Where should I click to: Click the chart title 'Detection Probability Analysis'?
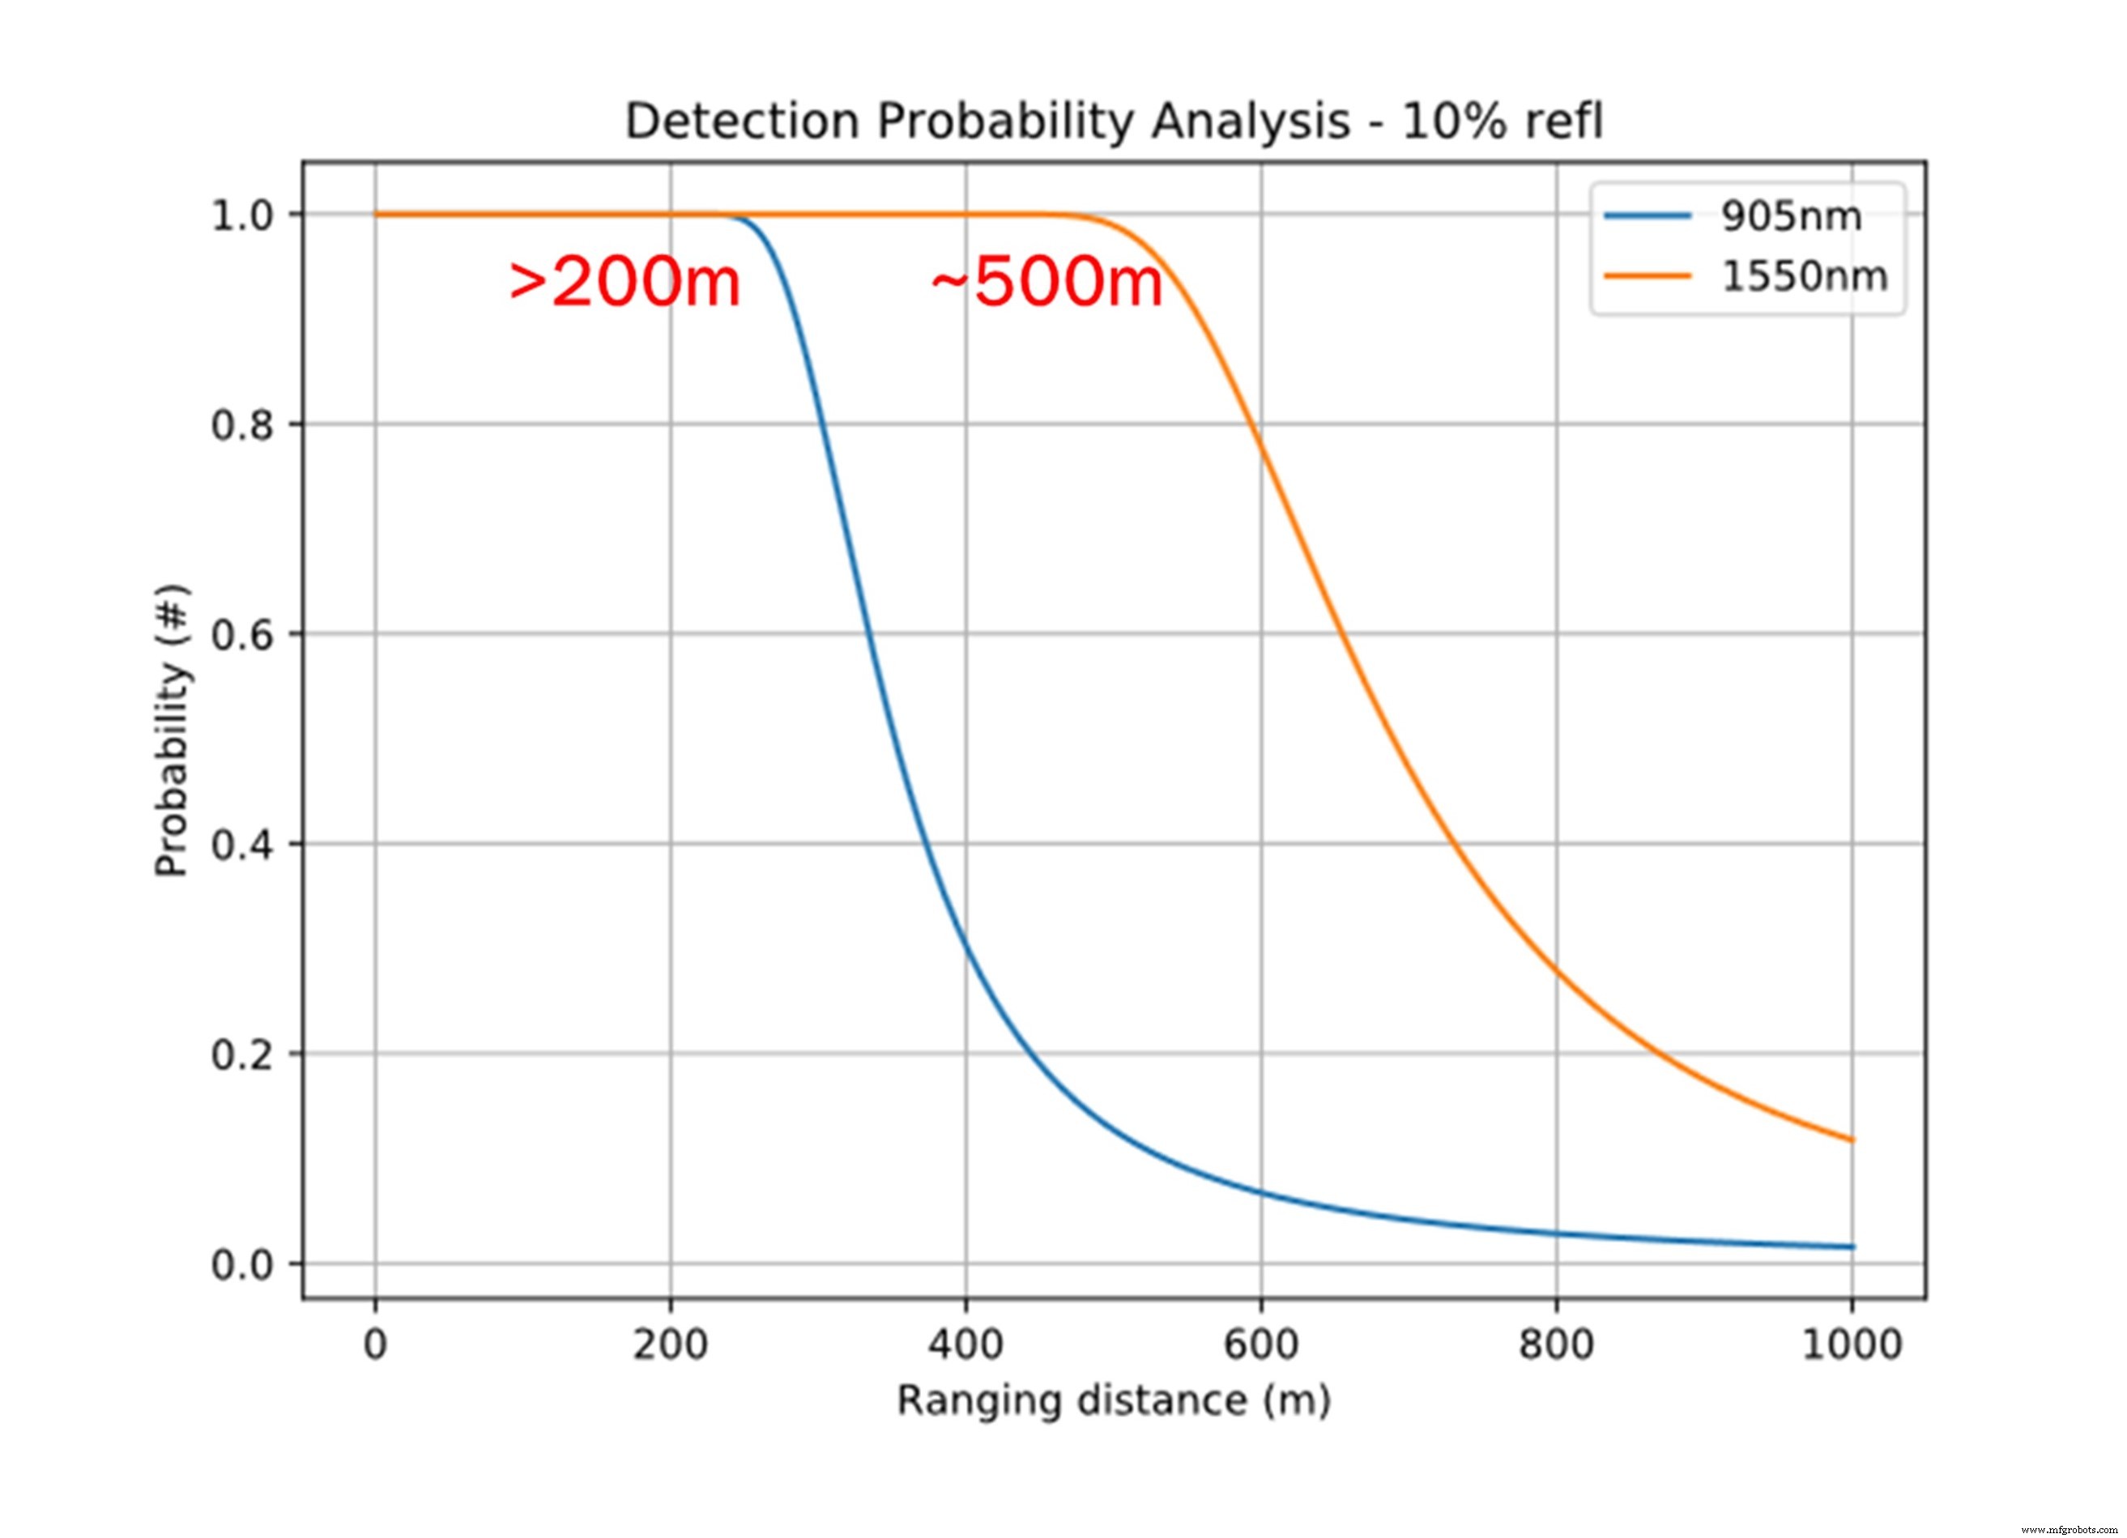click(x=1115, y=123)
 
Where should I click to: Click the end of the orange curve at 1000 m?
click(x=1852, y=1140)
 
